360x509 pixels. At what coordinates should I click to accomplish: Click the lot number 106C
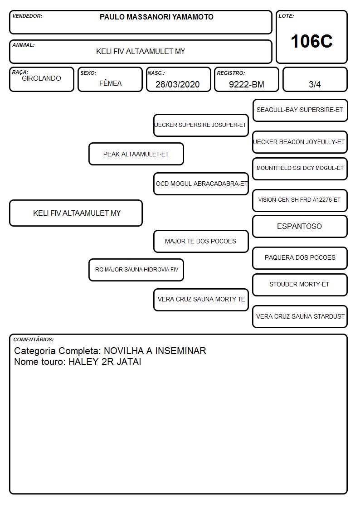(x=311, y=41)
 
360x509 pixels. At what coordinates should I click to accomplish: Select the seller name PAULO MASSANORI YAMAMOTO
(x=156, y=17)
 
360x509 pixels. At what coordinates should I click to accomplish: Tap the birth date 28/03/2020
(x=178, y=84)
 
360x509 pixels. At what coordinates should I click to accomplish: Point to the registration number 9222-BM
(x=246, y=84)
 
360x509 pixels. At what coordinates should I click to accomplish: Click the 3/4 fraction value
(x=315, y=84)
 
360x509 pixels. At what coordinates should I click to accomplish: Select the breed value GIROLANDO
(x=41, y=78)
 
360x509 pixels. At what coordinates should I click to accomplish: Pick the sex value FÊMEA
(x=110, y=83)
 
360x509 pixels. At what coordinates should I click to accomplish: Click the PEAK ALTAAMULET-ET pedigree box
(x=136, y=154)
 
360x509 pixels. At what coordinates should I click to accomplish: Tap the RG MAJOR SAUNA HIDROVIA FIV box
(x=136, y=270)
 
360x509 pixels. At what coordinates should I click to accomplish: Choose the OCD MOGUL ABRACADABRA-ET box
(x=201, y=184)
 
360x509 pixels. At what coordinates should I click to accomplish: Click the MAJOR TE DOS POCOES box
(x=201, y=241)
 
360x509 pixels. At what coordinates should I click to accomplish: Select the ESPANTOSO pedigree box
(x=300, y=226)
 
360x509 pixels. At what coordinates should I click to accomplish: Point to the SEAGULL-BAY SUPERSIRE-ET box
(x=300, y=110)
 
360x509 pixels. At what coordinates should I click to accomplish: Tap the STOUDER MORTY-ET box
(x=300, y=285)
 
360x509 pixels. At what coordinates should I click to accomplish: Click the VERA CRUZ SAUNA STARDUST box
(x=300, y=316)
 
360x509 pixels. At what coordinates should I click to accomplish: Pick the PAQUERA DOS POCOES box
(x=300, y=258)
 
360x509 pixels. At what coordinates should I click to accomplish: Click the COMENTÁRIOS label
(x=34, y=339)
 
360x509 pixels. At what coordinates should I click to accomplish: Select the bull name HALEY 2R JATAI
(x=105, y=362)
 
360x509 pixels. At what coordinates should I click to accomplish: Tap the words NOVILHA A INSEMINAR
(x=155, y=350)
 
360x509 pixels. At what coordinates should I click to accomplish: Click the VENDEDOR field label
(x=27, y=16)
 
